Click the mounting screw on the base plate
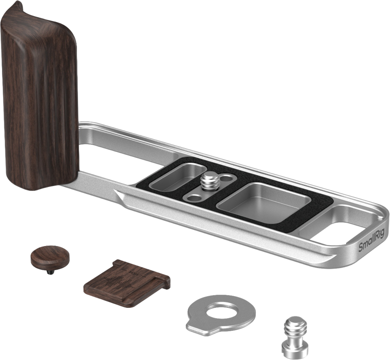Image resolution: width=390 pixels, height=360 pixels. [211, 181]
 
